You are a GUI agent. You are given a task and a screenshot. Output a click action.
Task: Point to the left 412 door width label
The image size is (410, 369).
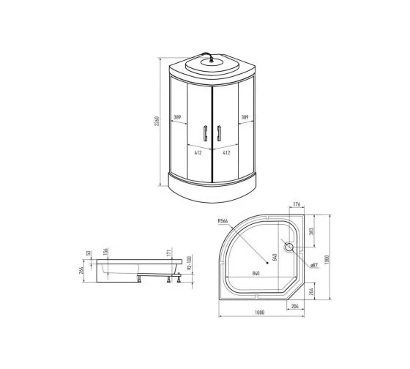pos(198,153)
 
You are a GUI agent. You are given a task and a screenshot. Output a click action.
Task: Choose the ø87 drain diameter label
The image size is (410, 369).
pos(310,264)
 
